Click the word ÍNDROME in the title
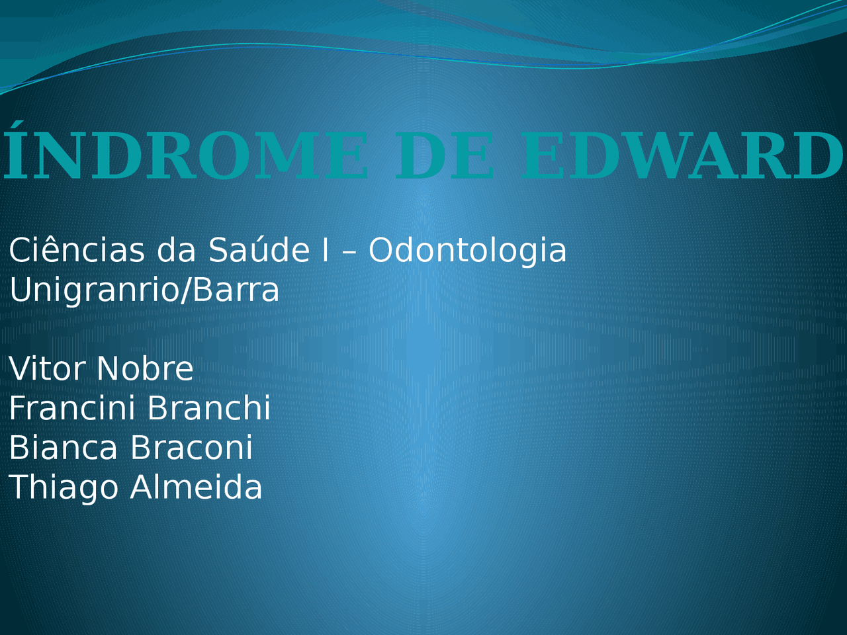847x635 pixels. tap(186, 156)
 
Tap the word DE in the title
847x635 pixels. tap(444, 156)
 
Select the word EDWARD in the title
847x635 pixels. tap(682, 156)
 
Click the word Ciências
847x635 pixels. tap(77, 251)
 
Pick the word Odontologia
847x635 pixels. tap(467, 251)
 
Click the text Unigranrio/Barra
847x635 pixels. tap(144, 290)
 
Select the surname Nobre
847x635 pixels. tap(145, 368)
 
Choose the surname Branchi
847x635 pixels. tap(208, 407)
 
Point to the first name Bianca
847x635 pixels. tap(64, 447)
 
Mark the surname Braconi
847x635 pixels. tap(191, 447)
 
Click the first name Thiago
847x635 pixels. tap(64, 487)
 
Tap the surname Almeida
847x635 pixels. tap(197, 487)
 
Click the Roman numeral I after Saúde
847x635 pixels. tap(325, 251)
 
